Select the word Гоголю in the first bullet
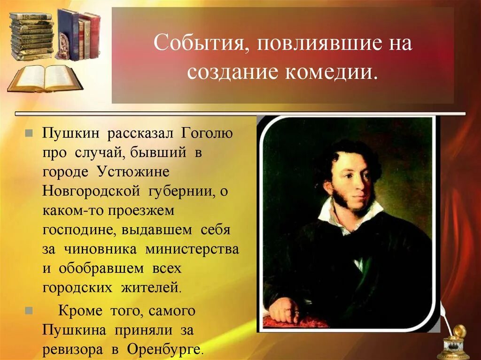pos(207,134)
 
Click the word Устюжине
pos(132,172)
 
